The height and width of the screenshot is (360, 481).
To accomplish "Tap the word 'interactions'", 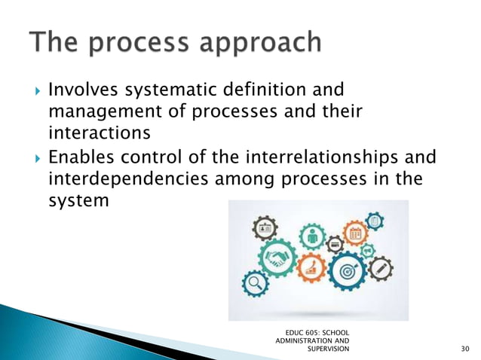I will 93,133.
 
